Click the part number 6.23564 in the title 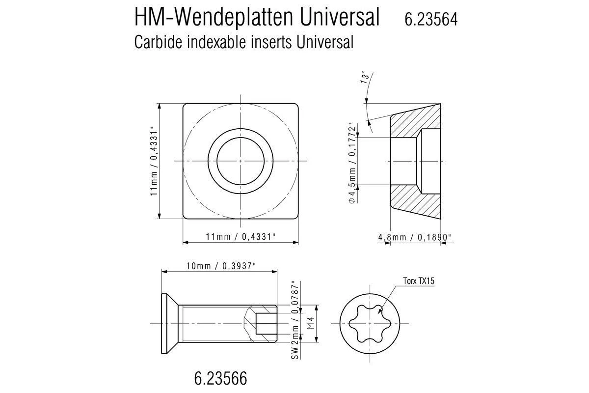[x=431, y=19]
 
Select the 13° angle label [x=365, y=77]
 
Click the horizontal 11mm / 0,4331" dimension [x=241, y=237]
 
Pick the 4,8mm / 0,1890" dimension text [x=415, y=237]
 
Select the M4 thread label [x=310, y=323]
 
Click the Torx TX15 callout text [x=419, y=281]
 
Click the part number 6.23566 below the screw [x=220, y=379]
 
